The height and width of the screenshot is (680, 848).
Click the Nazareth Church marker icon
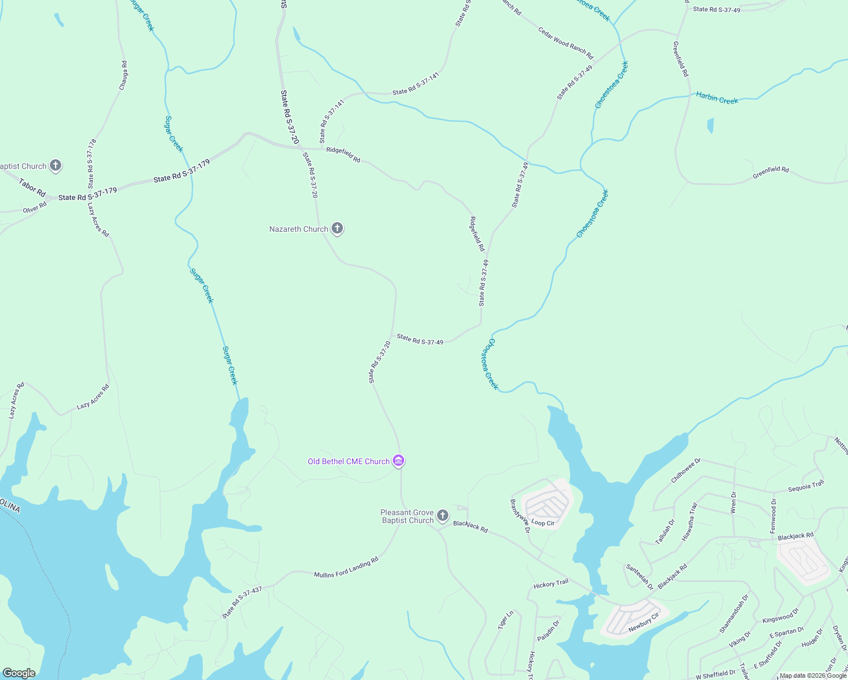tap(337, 228)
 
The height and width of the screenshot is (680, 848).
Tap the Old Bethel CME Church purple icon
tap(398, 461)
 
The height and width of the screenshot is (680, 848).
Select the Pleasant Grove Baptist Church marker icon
tap(443, 516)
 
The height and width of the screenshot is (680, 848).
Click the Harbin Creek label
tap(717, 99)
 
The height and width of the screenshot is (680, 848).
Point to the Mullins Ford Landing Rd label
tap(346, 567)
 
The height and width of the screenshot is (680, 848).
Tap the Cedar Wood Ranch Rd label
tap(565, 44)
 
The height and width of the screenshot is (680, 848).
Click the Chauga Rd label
tap(124, 75)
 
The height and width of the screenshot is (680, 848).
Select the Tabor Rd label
tap(32, 188)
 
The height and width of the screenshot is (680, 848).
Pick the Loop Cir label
tap(542, 523)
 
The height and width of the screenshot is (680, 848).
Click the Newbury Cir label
tap(643, 623)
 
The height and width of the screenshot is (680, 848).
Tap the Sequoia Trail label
tap(806, 487)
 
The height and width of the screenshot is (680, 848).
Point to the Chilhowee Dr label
tap(686, 471)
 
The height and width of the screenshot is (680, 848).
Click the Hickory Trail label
tap(550, 584)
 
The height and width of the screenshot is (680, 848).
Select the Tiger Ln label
tap(506, 619)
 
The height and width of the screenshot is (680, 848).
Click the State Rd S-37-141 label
tap(415, 84)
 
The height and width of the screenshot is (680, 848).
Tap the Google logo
tap(18, 673)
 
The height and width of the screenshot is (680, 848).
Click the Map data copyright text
tap(813, 675)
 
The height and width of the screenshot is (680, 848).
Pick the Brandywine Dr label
tap(519, 516)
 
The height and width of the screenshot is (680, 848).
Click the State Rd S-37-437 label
tap(242, 602)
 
